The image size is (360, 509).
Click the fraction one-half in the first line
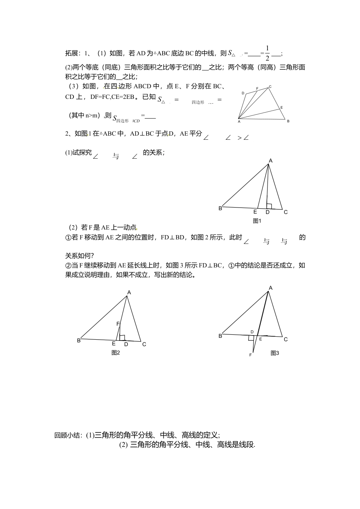[x=267, y=53]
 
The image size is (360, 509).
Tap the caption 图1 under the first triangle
[x=257, y=221]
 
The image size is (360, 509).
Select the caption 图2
[x=116, y=353]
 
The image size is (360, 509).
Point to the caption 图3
[x=275, y=353]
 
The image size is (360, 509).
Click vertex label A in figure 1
[x=271, y=161]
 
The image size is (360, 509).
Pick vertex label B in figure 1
[x=220, y=208]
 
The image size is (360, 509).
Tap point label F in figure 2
[x=118, y=324]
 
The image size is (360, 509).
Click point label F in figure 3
[x=250, y=355]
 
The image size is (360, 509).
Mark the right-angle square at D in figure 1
[x=269, y=206]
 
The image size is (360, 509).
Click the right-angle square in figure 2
[x=122, y=337]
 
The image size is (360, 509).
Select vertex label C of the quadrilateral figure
[x=270, y=87]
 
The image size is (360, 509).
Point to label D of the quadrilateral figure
[x=243, y=93]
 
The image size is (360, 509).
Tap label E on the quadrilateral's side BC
[x=282, y=108]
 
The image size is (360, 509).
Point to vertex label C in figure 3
[x=286, y=339]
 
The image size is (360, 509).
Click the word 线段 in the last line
[x=246, y=445]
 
